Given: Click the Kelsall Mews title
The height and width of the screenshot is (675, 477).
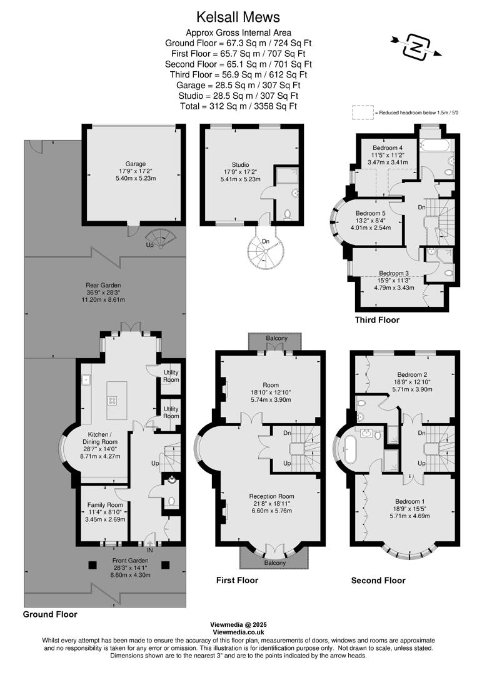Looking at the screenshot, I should point(238,17).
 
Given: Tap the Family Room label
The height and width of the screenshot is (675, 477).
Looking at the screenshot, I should point(105,504).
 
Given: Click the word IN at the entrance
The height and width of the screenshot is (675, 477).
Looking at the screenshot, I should point(149,551).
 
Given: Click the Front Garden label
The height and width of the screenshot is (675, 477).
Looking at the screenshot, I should point(130,561).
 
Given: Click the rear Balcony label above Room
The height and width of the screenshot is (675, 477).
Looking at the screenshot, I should point(275,339).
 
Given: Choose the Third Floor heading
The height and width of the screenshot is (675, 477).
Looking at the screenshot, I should point(377,320).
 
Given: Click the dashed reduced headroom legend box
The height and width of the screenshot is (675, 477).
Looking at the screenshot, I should point(361,112).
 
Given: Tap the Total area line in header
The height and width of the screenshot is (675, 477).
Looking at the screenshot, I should point(238,106).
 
